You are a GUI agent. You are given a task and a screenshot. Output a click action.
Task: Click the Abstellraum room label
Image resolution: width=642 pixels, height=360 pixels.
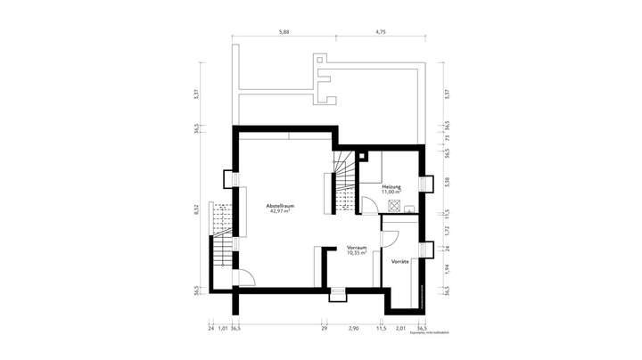[281, 206]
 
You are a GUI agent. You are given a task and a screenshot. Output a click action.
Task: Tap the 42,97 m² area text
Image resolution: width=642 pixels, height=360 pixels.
[281, 212]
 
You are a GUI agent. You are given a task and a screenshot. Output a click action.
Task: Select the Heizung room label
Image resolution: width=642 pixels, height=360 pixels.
[391, 187]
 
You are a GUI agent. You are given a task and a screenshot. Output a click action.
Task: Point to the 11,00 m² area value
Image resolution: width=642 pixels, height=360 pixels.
[391, 192]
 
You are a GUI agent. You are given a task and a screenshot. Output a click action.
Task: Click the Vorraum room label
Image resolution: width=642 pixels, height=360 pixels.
[358, 248]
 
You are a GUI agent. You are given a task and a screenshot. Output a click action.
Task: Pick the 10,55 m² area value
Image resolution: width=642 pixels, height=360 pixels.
[358, 253]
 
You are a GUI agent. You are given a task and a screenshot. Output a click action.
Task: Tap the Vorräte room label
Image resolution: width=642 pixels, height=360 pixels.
[399, 262]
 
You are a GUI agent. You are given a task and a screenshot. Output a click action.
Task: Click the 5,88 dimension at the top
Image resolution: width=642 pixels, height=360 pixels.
[284, 31]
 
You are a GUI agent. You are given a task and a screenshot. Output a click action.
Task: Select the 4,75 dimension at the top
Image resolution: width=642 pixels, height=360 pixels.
[381, 31]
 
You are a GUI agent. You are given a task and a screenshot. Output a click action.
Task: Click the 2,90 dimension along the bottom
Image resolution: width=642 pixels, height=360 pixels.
[353, 328]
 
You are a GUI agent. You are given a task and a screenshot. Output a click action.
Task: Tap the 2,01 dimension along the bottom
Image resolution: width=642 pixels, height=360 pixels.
[400, 328]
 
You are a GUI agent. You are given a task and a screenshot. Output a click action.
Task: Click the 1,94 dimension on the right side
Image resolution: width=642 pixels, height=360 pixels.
[447, 267]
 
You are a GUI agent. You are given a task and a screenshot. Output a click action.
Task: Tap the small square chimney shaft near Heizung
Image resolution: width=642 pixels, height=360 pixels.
[362, 157]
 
